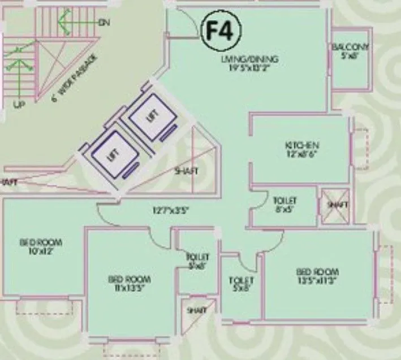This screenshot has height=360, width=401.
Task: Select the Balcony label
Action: pos(351,47)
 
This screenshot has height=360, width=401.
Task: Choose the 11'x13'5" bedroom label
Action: pos(130,283)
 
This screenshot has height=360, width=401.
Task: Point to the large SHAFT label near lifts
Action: pos(186,171)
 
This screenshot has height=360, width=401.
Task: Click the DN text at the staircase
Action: pos(103,23)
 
